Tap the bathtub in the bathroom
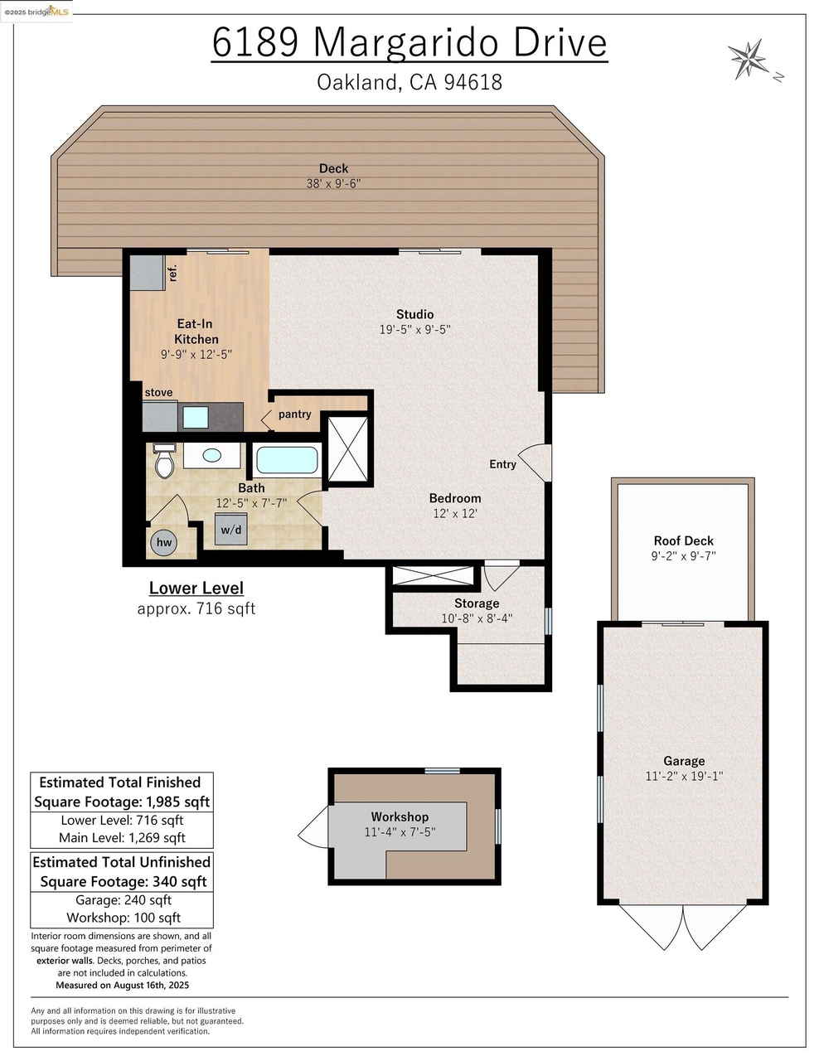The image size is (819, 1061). tap(287, 460)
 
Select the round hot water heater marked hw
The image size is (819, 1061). tap(164, 542)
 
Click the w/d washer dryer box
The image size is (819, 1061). tap(231, 529)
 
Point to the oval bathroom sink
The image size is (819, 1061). tap(212, 456)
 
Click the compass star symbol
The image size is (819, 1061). tap(747, 59)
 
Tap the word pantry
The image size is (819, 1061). tap(295, 414)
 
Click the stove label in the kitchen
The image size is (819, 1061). tap(158, 393)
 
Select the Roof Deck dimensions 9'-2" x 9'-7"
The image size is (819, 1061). tap(683, 556)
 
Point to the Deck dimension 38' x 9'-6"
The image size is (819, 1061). tap(333, 183)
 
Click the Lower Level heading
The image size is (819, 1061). tap(196, 588)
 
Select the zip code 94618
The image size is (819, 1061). tap(473, 82)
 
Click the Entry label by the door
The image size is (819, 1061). tap(502, 464)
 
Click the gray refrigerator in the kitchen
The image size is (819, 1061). tap(148, 273)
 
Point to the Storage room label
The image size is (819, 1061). tap(477, 603)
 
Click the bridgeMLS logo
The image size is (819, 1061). tap(36, 11)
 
